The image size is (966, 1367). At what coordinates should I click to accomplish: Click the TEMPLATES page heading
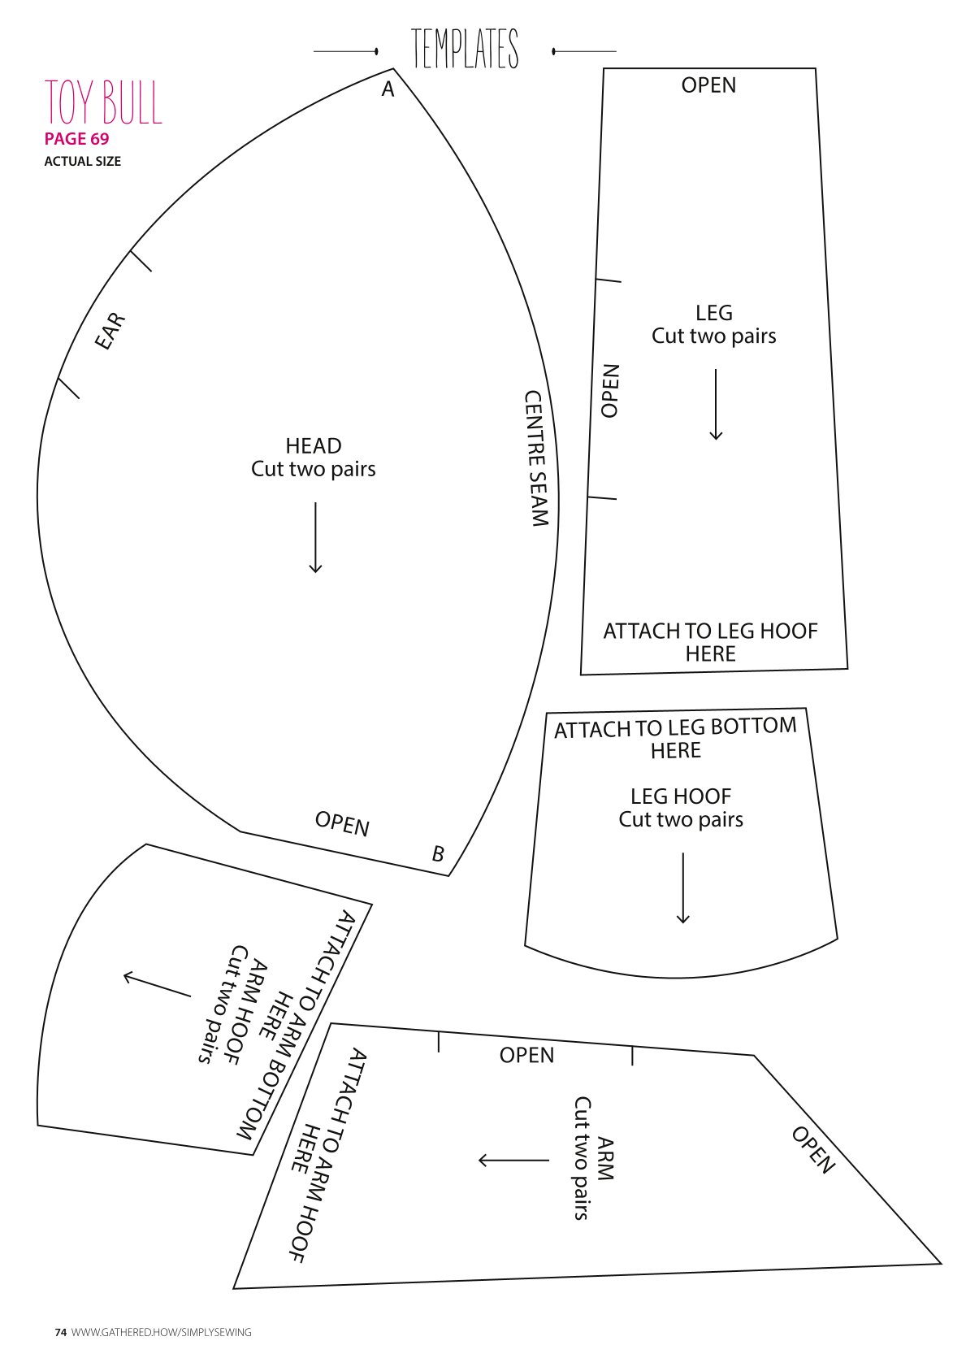tap(465, 48)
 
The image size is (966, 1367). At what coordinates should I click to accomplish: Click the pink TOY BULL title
tap(103, 102)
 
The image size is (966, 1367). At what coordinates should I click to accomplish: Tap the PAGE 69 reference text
tap(76, 139)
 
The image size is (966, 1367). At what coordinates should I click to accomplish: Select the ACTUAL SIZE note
tap(82, 162)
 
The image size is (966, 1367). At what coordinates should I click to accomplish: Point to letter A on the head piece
tap(388, 89)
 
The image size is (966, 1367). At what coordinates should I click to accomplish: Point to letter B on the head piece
tap(438, 853)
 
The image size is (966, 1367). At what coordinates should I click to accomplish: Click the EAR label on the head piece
tap(110, 332)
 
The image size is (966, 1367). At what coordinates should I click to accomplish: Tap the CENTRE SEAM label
tap(537, 458)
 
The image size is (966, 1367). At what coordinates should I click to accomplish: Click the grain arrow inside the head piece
tap(315, 538)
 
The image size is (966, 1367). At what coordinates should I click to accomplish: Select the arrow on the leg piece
tap(716, 405)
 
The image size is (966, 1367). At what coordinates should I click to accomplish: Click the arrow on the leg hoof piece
tap(683, 888)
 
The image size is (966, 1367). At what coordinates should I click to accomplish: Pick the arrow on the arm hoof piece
tap(158, 985)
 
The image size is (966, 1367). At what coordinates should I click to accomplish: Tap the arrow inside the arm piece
tap(513, 1160)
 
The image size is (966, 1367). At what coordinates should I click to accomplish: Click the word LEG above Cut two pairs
tap(714, 313)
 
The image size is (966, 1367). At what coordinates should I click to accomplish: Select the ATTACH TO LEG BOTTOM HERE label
tap(675, 738)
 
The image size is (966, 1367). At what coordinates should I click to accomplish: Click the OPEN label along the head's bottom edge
tap(342, 824)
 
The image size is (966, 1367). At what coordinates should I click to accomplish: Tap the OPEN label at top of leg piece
tap(708, 85)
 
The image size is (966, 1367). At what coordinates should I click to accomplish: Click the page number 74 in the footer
tap(60, 1332)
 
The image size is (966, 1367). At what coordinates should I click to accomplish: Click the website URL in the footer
tap(161, 1332)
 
